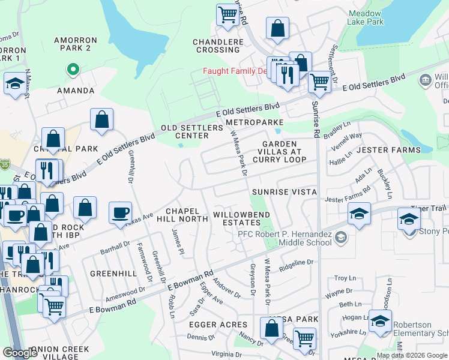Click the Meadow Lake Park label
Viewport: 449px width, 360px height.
point(365,16)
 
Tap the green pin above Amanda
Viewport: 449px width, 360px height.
point(73,70)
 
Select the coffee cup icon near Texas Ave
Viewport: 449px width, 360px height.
point(120,212)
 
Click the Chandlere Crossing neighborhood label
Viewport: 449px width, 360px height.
point(218,46)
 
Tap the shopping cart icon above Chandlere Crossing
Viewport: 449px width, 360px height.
point(228,14)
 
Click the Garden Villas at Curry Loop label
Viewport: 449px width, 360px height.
point(279,151)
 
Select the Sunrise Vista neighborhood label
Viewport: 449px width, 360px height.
point(283,191)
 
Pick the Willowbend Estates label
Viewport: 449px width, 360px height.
point(241,218)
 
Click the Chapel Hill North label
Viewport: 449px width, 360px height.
point(186,215)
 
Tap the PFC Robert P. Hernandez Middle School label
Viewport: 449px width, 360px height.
point(285,238)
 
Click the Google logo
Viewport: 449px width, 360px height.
point(20,353)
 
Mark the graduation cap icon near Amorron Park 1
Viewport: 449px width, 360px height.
point(14,84)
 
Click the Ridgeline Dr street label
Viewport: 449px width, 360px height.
point(294,262)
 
